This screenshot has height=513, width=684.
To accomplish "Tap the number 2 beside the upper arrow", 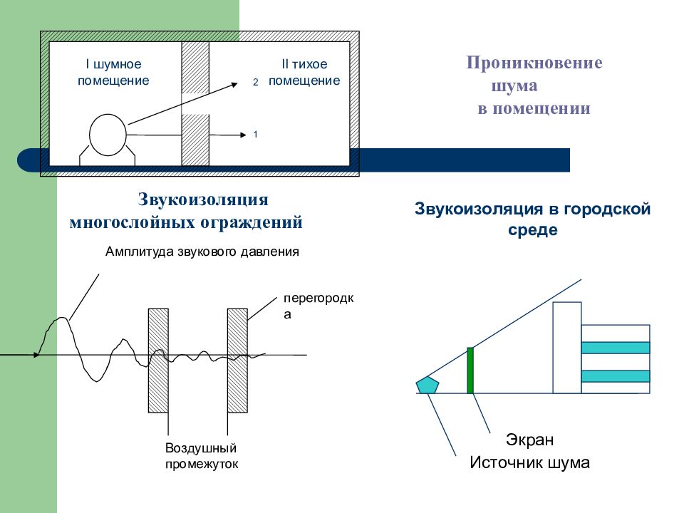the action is pyautogui.click(x=256, y=82).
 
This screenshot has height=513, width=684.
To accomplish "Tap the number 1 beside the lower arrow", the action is pyautogui.click(x=255, y=135).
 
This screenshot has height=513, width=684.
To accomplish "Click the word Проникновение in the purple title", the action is pyautogui.click(x=534, y=63).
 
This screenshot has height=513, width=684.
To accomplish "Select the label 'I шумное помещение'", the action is pyautogui.click(x=113, y=72).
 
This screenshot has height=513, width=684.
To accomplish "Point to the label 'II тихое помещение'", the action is pyautogui.click(x=304, y=72).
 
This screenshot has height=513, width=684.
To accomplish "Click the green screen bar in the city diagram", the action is pyautogui.click(x=470, y=370).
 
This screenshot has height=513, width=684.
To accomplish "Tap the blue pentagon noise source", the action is pyautogui.click(x=427, y=385).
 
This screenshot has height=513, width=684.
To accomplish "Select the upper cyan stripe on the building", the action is pyautogui.click(x=616, y=347).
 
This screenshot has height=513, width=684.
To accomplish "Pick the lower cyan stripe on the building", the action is pyautogui.click(x=616, y=376).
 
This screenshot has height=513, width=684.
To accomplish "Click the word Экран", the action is pyautogui.click(x=529, y=440).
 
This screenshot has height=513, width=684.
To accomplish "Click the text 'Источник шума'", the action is pyautogui.click(x=529, y=462).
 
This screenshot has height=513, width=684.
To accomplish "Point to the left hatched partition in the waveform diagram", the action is pyautogui.click(x=158, y=361).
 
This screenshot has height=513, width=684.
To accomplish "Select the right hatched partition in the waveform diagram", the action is pyautogui.click(x=238, y=361).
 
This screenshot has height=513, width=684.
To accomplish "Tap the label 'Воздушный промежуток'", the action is pyautogui.click(x=202, y=456).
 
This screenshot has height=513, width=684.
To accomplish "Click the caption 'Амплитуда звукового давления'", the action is pyautogui.click(x=202, y=252).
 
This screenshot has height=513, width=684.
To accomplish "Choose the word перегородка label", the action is pyautogui.click(x=318, y=306).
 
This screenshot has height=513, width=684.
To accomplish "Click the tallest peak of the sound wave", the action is pyautogui.click(x=63, y=318).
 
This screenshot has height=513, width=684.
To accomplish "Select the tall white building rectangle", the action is pyautogui.click(x=567, y=348).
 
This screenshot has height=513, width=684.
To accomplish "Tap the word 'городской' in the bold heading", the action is pyautogui.click(x=607, y=209).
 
